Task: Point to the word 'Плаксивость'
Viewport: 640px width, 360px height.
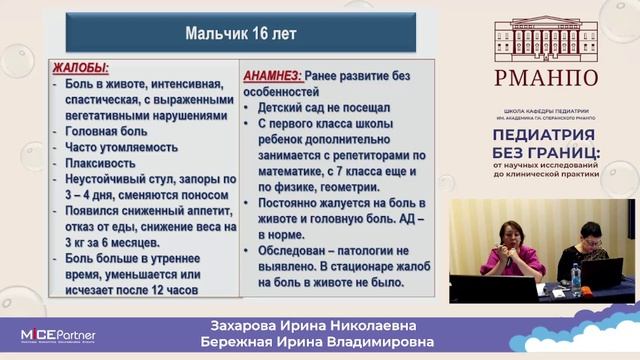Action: tap(100, 163)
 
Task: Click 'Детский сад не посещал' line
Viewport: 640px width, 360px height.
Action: tap(323, 107)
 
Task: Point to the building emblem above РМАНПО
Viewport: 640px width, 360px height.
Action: tap(544, 36)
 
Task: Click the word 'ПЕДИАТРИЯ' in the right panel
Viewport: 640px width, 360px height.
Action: tap(545, 135)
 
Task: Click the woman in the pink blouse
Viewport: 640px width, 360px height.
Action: tap(511, 250)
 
